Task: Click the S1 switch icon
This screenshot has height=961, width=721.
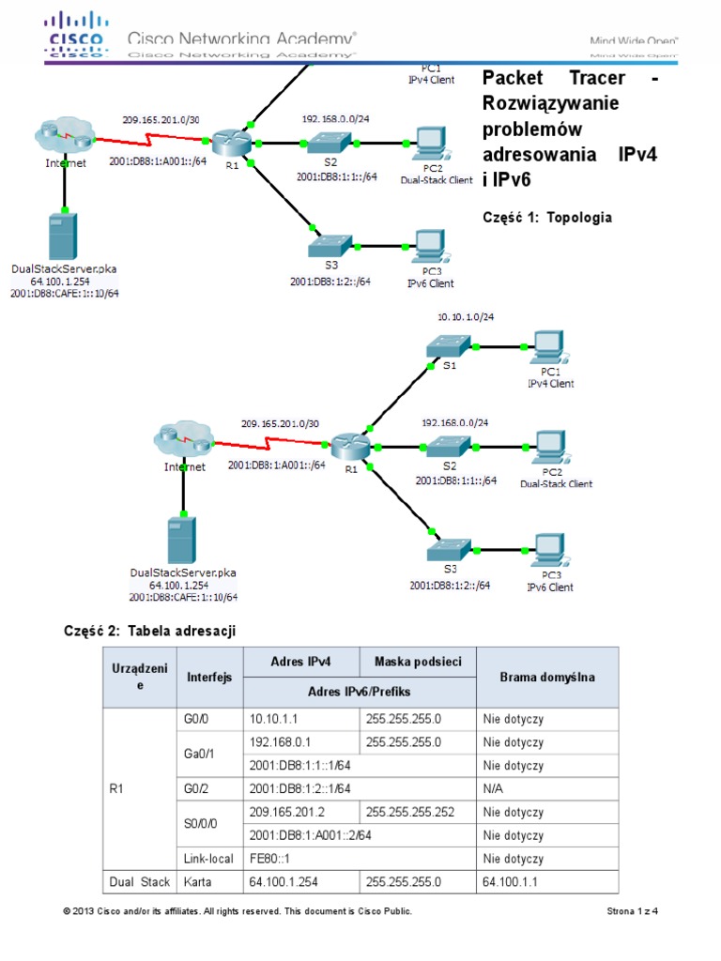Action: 449,348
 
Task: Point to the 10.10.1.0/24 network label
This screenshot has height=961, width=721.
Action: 466,317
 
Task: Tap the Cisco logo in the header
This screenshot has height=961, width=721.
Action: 82,36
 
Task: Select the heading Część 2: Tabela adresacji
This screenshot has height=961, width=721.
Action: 148,632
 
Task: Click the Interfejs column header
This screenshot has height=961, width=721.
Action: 208,677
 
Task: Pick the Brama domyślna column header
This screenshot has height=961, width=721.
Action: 546,677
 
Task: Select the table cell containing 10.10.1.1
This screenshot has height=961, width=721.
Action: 299,720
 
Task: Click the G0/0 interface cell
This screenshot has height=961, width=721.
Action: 208,720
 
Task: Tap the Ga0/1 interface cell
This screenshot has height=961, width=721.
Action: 208,754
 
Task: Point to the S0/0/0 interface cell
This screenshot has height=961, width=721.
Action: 208,823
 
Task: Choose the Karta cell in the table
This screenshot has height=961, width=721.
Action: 208,882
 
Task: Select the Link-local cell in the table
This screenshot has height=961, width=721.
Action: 208,859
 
